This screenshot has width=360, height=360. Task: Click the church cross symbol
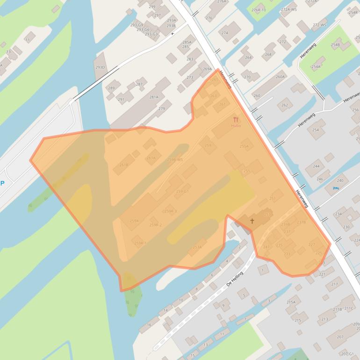pyautogui.click(x=252, y=221)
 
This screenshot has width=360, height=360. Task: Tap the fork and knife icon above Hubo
pyautogui.click(x=236, y=120)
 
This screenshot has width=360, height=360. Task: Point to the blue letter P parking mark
pyautogui.click(x=2, y=183)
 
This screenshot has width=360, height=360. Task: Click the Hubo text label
pyautogui.click(x=236, y=126)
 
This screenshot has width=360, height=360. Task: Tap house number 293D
pyautogui.click(x=100, y=67)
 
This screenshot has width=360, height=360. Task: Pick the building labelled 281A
pyautogui.click(x=154, y=97)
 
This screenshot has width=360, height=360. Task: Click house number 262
pyautogui.click(x=285, y=105)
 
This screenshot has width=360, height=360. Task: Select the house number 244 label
pyautogui.click(x=317, y=166)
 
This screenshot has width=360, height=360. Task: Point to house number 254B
pyautogui.click(x=335, y=45)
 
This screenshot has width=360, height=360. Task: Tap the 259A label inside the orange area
pyautogui.click(x=134, y=221)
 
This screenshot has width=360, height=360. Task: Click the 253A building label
pyautogui.click(x=197, y=247)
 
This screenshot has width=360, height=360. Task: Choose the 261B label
pyautogui.click(x=123, y=165)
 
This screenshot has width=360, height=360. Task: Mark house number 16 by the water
pyautogui.click(x=149, y=324)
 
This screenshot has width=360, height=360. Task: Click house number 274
pyautogui.click(x=224, y=33)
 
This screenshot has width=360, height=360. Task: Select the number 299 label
pyautogui.click(x=152, y=7)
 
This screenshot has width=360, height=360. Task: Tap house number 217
pyautogui.click(x=334, y=284)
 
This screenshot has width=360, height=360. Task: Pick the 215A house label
pyautogui.click(x=291, y=302)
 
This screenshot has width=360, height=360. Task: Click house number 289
pyautogui.click(x=111, y=88)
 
